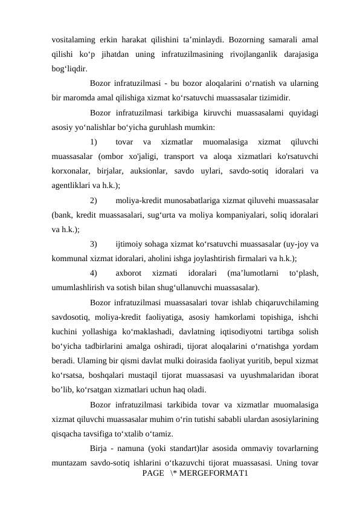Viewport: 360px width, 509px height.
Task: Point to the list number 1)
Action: [97, 142]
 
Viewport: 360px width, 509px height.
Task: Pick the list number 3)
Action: [97, 244]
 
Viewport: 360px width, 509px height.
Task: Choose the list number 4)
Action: [97, 273]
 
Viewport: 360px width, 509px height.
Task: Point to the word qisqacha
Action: [69, 432]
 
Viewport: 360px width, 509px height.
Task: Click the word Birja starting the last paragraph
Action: [100, 447]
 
